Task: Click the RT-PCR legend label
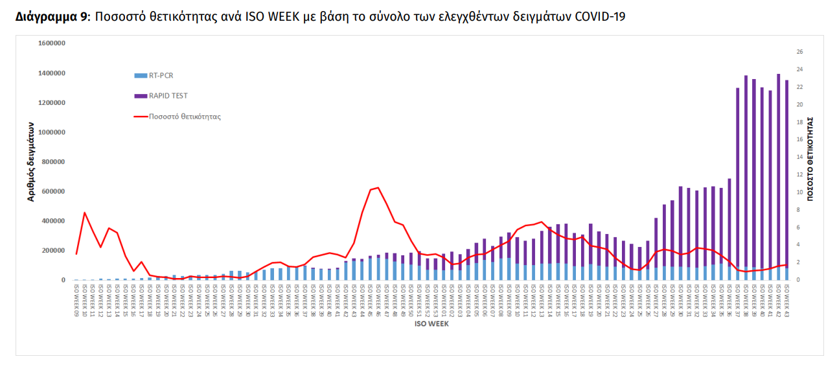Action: click(161, 75)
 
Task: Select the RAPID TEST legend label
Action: click(168, 96)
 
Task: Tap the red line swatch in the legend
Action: click(141, 117)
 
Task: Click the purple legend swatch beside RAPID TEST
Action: click(141, 96)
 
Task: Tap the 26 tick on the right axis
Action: click(799, 52)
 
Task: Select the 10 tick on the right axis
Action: click(799, 192)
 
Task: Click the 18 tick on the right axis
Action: click(799, 122)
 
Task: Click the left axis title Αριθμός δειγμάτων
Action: click(30, 161)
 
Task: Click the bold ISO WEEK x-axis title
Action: click(431, 324)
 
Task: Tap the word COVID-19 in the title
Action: click(601, 17)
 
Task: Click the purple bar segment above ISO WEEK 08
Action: click(501, 247)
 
